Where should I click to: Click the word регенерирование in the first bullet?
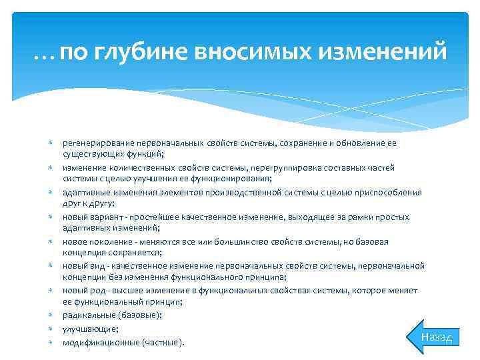(97, 143)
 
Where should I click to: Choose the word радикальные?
(89, 315)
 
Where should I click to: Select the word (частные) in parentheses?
(160, 343)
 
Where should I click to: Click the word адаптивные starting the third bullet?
(84, 193)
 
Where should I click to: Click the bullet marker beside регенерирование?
(51, 143)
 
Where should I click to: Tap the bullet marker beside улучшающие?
(51, 329)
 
